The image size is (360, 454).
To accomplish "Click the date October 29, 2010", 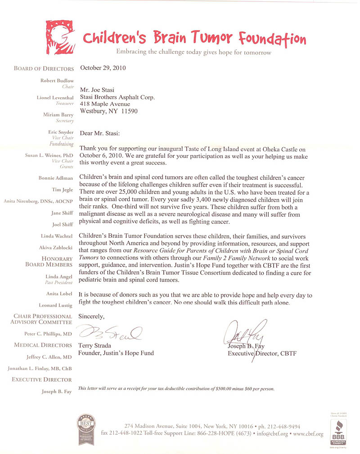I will pyautogui.click(x=103, y=68).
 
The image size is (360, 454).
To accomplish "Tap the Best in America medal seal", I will pyautogui.click(x=86, y=429).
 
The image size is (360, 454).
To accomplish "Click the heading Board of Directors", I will pyautogui.click(x=44, y=69).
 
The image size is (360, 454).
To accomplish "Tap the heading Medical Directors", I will pyautogui.click(x=43, y=345).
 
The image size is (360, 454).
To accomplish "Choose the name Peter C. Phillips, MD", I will pyautogui.click(x=48, y=334).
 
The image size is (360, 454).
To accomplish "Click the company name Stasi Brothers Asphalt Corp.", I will pyautogui.click(x=117, y=97).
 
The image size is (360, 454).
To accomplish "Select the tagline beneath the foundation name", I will pyautogui.click(x=193, y=52).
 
